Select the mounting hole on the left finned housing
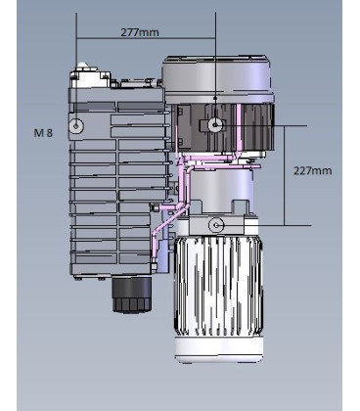pos(77,126)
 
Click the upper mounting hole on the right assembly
pos(214,124)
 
